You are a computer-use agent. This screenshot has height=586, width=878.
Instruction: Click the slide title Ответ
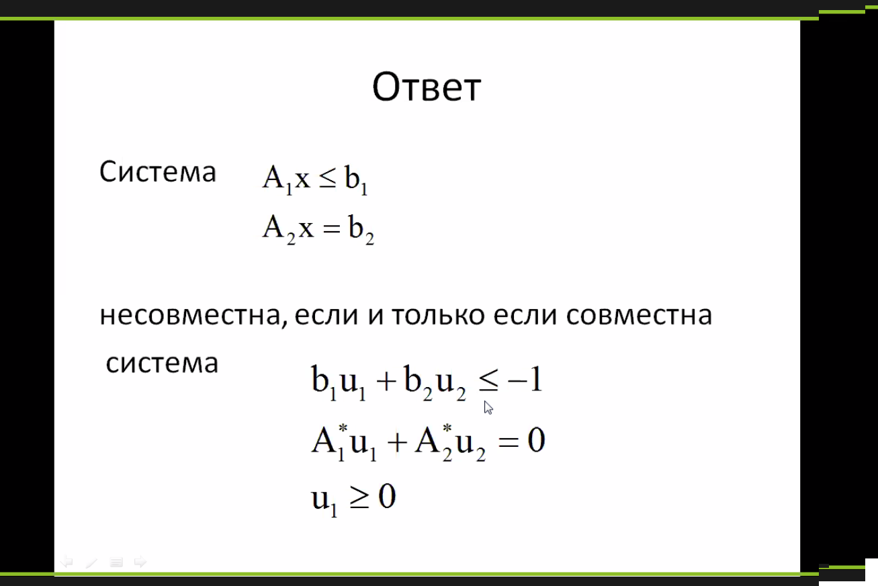tap(427, 87)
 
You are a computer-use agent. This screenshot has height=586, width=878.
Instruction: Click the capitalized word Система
tap(158, 171)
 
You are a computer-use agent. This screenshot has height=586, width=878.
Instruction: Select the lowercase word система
tap(162, 363)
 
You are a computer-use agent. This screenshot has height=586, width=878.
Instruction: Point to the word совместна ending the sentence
tap(639, 315)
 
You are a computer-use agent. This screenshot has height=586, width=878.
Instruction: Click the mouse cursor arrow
tap(488, 407)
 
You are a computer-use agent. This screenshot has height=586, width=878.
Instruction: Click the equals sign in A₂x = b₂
tap(331, 229)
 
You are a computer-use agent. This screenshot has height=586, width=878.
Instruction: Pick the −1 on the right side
tap(525, 379)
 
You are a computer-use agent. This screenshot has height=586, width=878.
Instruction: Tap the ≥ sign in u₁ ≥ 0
tap(359, 498)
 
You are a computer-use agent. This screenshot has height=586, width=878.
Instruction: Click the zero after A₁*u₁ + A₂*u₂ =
tap(536, 440)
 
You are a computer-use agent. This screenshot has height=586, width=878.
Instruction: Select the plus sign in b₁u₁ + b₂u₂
tap(386, 382)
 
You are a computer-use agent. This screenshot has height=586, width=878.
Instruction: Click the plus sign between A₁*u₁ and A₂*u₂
tap(397, 443)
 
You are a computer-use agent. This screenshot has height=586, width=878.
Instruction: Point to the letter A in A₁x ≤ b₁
tap(273, 177)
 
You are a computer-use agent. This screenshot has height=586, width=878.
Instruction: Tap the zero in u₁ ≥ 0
tap(387, 496)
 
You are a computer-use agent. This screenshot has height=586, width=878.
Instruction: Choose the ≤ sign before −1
tap(488, 381)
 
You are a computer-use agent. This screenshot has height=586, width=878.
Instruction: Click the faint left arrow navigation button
tap(67, 562)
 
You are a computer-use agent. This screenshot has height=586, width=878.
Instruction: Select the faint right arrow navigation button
tap(140, 562)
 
